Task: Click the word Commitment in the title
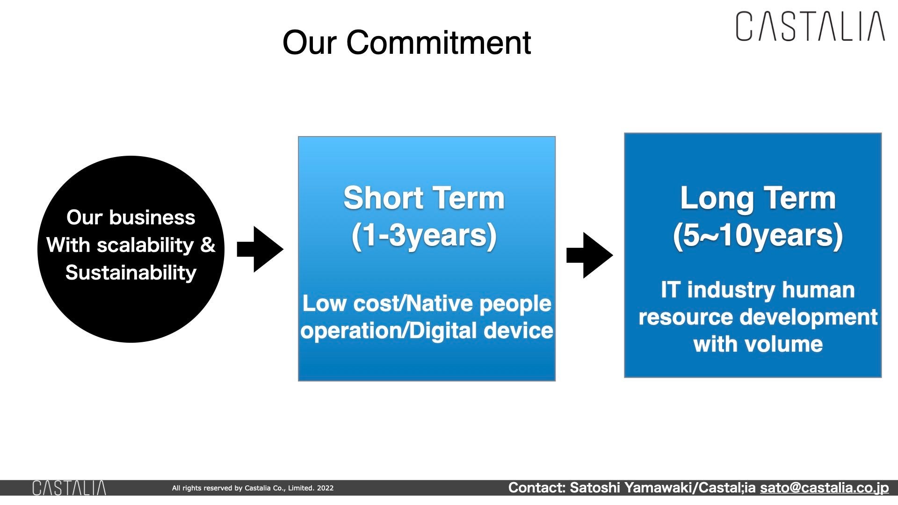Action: click(439, 43)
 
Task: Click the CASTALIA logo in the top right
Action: click(810, 27)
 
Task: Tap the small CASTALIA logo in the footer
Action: click(69, 488)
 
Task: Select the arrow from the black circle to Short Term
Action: click(260, 249)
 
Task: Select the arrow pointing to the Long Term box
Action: click(589, 255)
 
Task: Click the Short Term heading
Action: click(424, 198)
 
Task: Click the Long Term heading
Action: click(758, 198)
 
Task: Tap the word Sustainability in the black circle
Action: click(131, 273)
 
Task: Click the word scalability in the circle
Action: click(145, 245)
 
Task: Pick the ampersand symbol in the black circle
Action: click(208, 245)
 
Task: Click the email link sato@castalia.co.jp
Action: click(824, 488)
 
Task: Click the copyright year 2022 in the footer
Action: click(325, 488)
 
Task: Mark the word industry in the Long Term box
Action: click(731, 290)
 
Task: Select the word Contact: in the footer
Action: click(536, 488)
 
